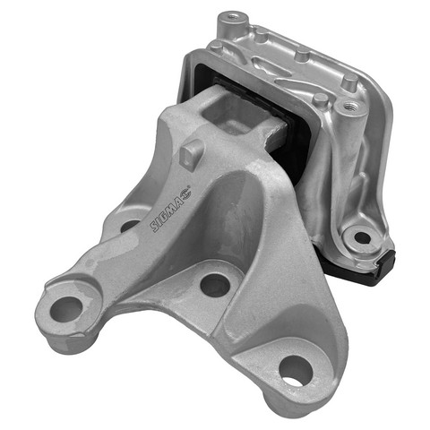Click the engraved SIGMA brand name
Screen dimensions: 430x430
click(168, 211)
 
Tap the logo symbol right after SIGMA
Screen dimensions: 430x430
click(187, 192)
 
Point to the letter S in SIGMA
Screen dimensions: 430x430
click(155, 226)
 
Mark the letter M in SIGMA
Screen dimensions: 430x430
click(172, 206)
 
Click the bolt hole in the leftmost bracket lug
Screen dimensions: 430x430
click(66, 309)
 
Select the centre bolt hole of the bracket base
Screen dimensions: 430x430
click(215, 285)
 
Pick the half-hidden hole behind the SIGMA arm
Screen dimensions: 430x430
click(129, 226)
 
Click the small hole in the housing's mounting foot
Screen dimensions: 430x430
click(362, 237)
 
